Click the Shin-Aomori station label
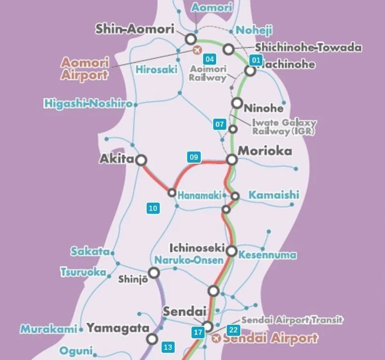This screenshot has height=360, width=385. pos(134,29)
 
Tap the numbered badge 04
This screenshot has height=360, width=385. pos(209,60)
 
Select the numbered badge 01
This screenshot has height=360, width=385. pos(256,60)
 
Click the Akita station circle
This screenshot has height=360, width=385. pos(141,160)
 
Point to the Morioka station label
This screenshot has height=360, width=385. pos(265,151)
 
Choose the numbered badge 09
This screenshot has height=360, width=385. pos(194,157)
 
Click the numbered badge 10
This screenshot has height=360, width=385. pos(153,208)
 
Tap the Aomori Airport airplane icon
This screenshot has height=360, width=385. pos(196,50)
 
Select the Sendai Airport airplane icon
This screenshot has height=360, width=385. pos(217,338)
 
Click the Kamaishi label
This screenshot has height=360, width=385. pos(274,195)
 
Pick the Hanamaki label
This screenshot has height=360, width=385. pos(199,196)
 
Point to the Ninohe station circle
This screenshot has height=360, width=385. pos(237,103)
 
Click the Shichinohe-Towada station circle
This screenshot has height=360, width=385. pos(229,49)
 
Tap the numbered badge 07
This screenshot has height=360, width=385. pos(220,124)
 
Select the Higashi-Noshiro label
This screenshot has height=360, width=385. pos(88,103)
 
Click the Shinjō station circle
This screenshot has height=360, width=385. pos(154,273)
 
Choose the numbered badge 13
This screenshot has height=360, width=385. pos(168,347)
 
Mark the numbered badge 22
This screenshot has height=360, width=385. pos(233,330)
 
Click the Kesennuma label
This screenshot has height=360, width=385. pos(268,255)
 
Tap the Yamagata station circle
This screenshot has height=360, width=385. pos(153,339)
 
